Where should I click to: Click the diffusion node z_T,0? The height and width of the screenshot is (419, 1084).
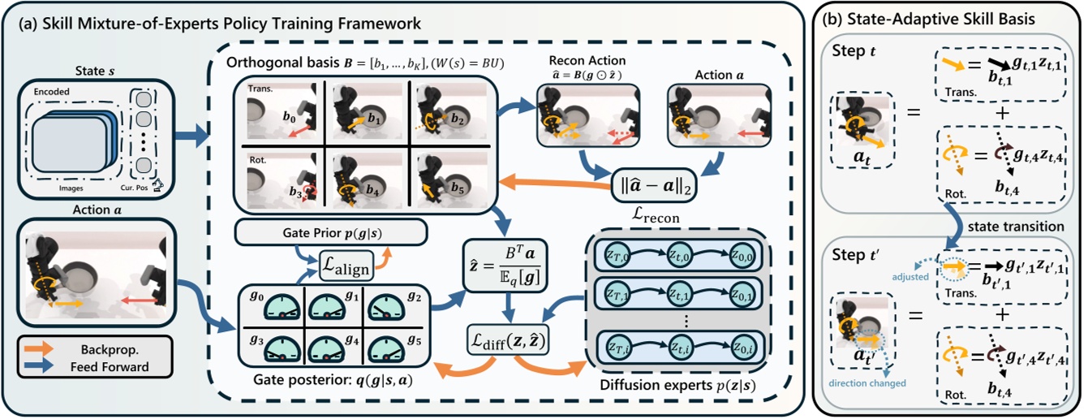coord(614,253)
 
